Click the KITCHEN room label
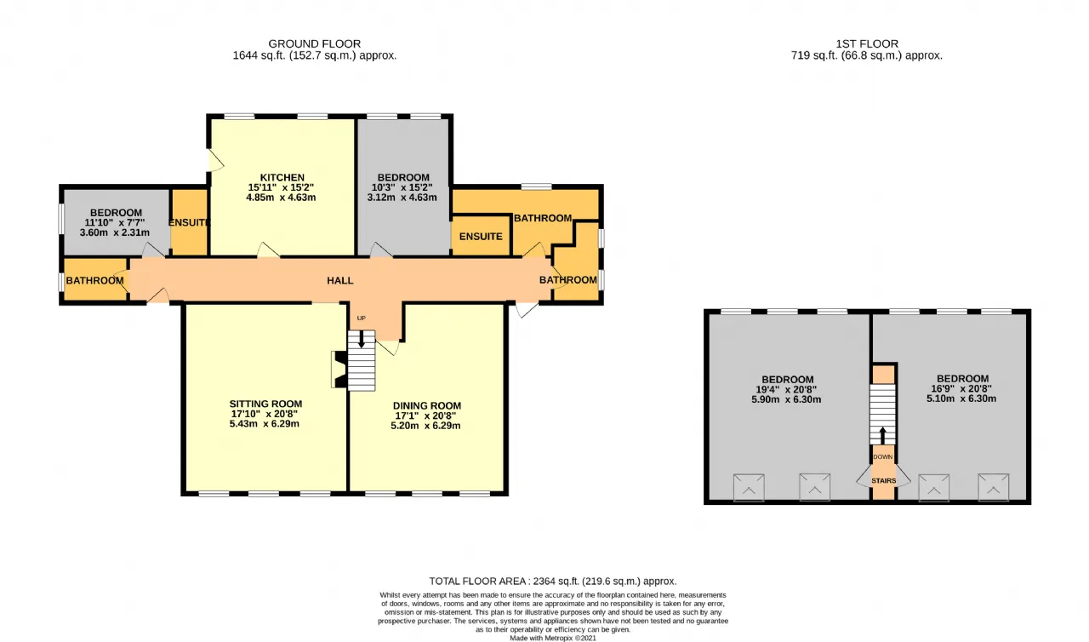pyautogui.click(x=282, y=177)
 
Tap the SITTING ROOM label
pyautogui.click(x=265, y=404)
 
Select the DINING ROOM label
pyautogui.click(x=427, y=405)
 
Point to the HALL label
pyautogui.click(x=339, y=281)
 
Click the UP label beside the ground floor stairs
pyautogui.click(x=362, y=318)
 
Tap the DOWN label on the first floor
pyautogui.click(x=883, y=456)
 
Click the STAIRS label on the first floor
pyautogui.click(x=883, y=480)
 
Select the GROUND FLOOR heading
pyautogui.click(x=315, y=43)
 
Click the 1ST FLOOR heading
pyautogui.click(x=867, y=43)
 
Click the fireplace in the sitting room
pyautogui.click(x=339, y=370)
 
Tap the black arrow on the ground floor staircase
pyautogui.click(x=362, y=339)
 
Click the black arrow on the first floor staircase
pyautogui.click(x=883, y=435)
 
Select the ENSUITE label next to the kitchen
pyautogui.click(x=190, y=222)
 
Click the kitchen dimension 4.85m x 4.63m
pyautogui.click(x=281, y=198)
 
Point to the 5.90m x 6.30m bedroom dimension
pyautogui.click(x=786, y=399)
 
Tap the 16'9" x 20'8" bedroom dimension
pyautogui.click(x=961, y=388)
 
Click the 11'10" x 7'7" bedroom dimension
pyautogui.click(x=115, y=222)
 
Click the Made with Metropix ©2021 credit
pyautogui.click(x=553, y=638)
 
